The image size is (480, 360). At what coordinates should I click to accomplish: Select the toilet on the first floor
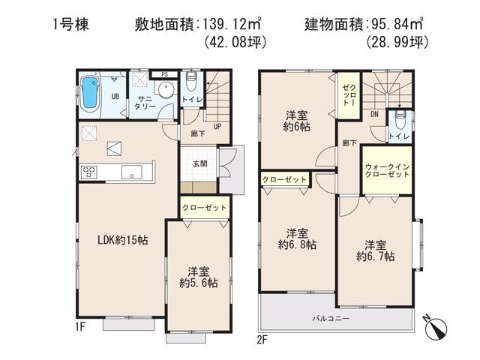(x=189, y=80)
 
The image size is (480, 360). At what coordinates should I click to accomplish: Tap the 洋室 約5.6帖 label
(x=198, y=278)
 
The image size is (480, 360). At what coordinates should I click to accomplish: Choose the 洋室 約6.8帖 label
(x=296, y=238)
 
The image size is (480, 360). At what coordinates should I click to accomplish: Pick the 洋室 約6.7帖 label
(x=375, y=250)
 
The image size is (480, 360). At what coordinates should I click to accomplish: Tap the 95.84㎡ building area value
(x=403, y=25)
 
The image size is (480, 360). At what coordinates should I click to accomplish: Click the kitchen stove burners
(x=88, y=172)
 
